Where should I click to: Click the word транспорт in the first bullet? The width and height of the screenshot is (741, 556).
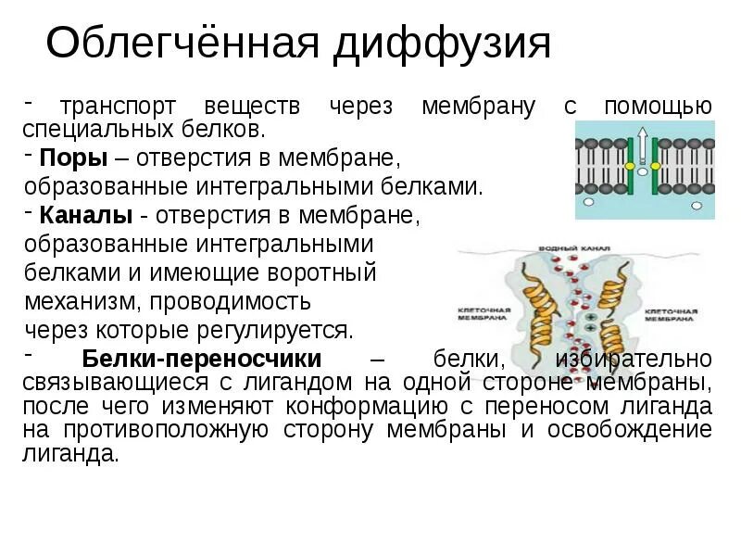[116, 106]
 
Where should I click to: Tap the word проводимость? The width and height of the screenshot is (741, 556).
[231, 301]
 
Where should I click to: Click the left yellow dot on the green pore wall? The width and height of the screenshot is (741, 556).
[630, 166]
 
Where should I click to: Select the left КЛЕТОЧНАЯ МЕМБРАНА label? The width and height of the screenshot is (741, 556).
[482, 313]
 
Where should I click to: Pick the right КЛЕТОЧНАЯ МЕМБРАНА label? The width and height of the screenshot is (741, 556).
[671, 314]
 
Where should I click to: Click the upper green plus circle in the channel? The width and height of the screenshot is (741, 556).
[590, 317]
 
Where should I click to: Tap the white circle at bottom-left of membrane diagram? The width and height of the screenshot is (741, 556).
[589, 200]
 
